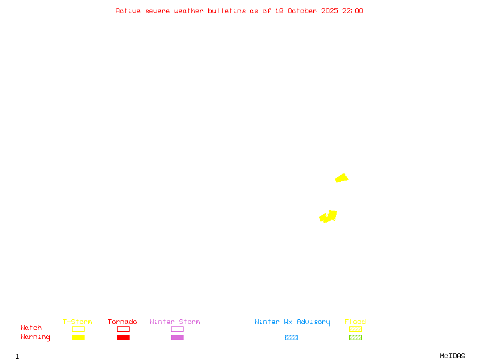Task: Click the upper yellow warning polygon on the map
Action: click(x=342, y=178)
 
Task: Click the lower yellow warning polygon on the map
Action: click(x=329, y=216)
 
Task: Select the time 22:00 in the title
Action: click(x=353, y=11)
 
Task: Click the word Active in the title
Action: click(x=128, y=11)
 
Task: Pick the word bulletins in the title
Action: click(x=227, y=11)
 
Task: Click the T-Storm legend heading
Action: click(x=77, y=322)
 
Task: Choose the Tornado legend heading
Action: click(x=122, y=322)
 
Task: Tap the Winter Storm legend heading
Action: click(x=175, y=322)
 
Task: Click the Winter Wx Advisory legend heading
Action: click(x=292, y=322)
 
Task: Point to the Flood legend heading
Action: click(x=355, y=322)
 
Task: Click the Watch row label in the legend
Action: click(x=31, y=328)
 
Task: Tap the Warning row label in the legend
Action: click(x=35, y=337)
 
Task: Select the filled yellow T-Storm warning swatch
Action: click(x=78, y=338)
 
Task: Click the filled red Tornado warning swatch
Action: click(x=123, y=338)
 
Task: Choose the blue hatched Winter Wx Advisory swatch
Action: click(x=291, y=338)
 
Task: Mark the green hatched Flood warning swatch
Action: click(x=355, y=338)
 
